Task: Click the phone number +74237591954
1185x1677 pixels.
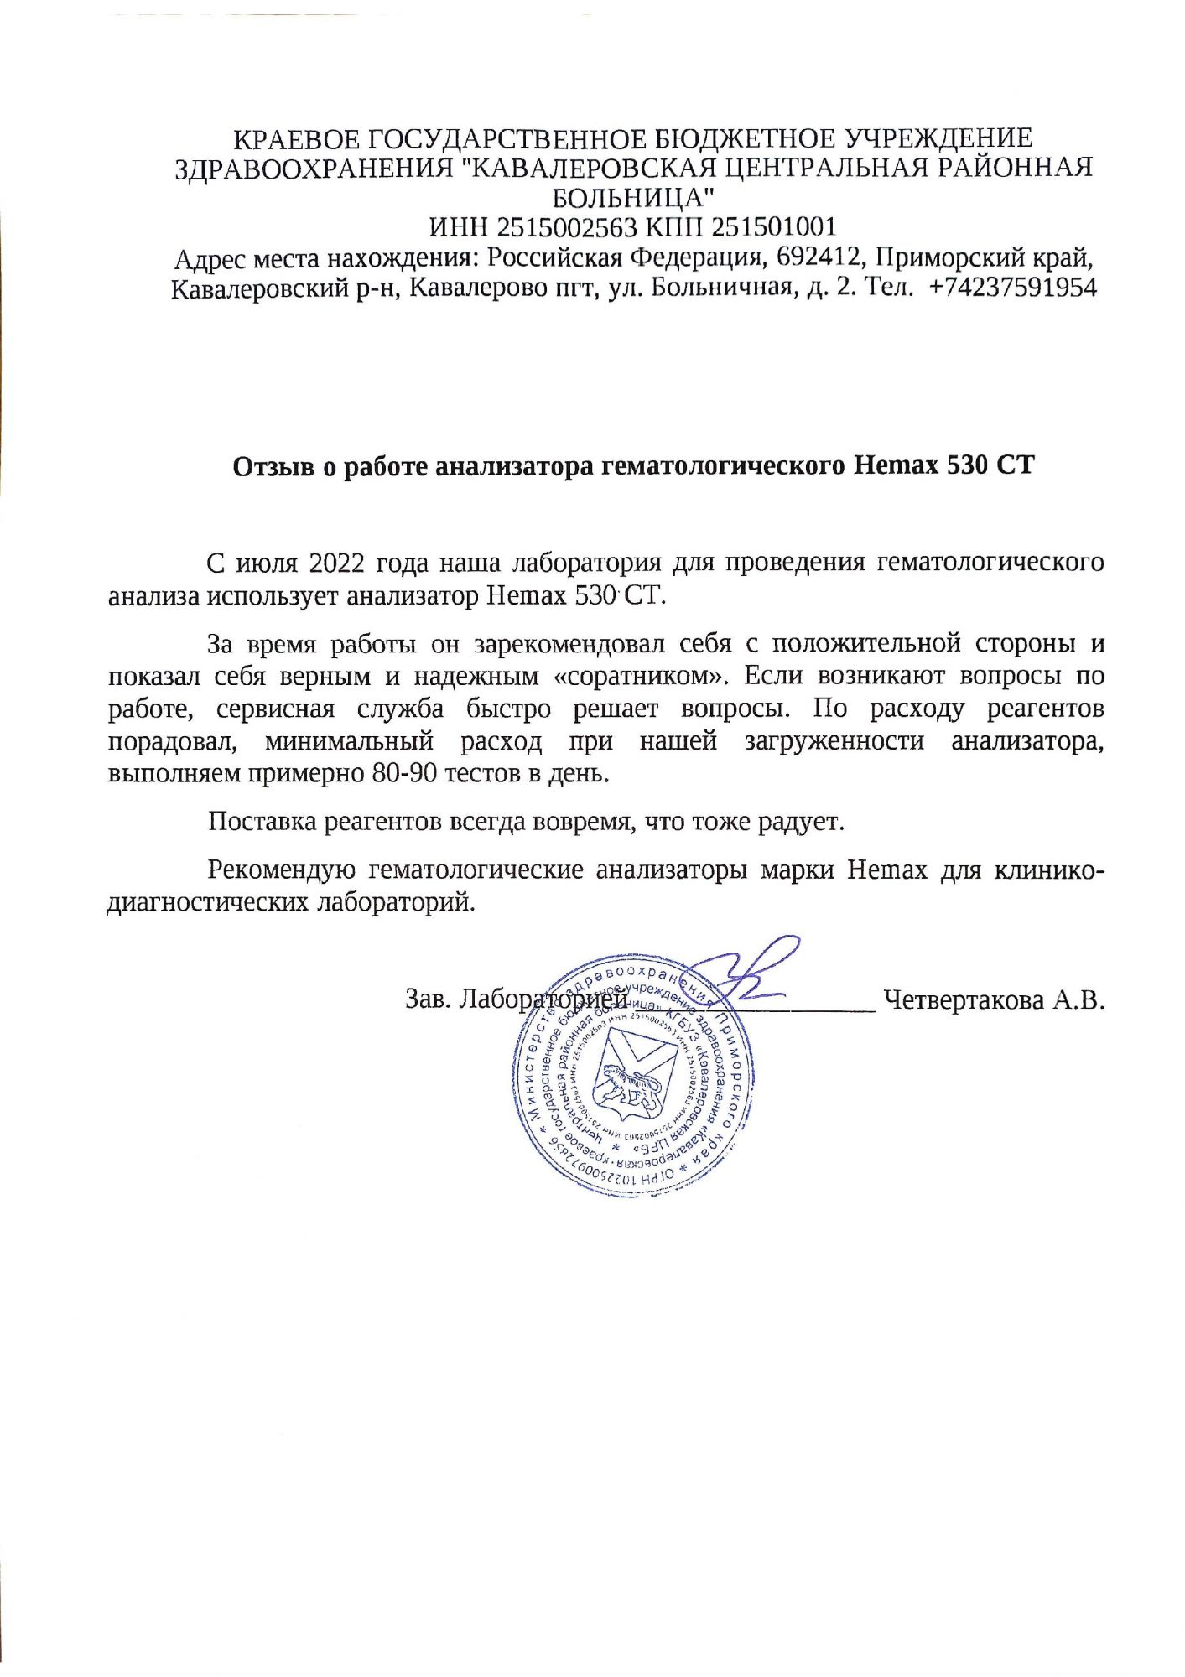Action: pos(1013,288)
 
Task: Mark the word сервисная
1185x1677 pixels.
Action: pos(275,709)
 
